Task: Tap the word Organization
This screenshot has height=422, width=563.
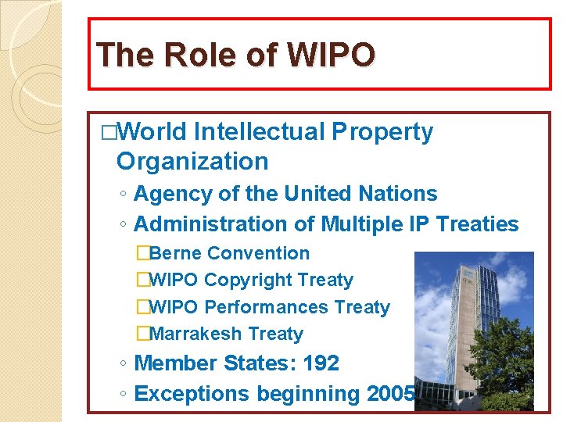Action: click(x=192, y=162)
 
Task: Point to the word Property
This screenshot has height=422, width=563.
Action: click(x=382, y=133)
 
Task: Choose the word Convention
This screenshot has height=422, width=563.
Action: click(x=259, y=253)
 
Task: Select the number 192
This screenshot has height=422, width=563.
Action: click(x=321, y=363)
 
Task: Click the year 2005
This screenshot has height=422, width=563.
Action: click(x=391, y=393)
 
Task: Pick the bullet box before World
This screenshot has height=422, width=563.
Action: click(x=108, y=134)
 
